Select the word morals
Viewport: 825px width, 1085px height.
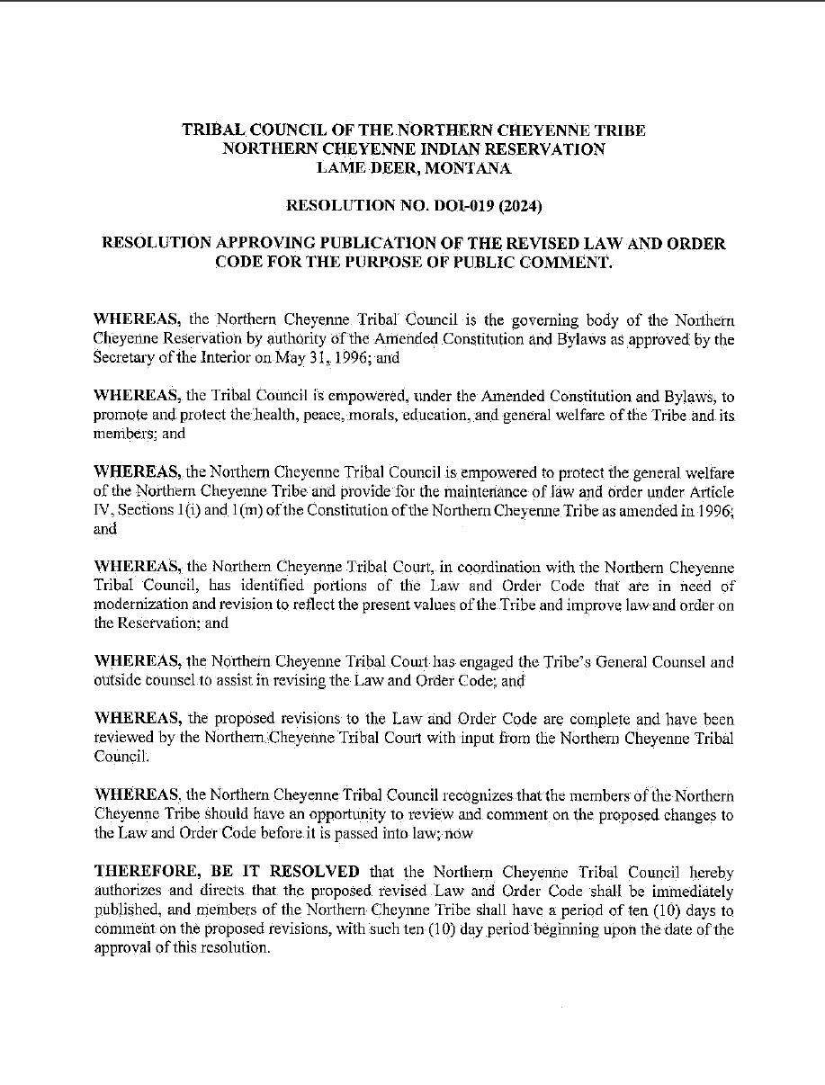(364, 417)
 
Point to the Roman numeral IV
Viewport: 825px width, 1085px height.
(102, 511)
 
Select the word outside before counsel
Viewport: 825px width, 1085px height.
(118, 681)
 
